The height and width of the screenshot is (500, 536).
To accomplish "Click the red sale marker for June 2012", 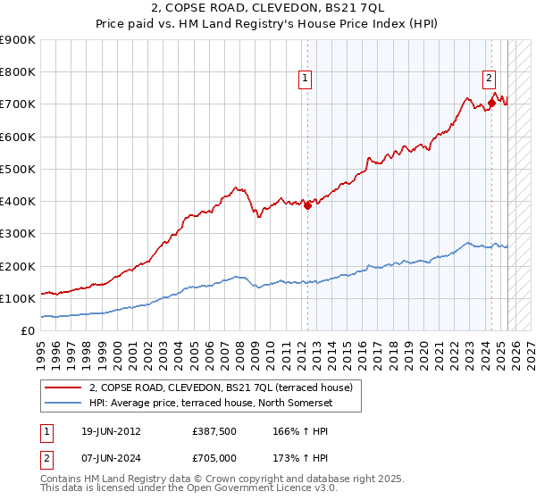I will [307, 205].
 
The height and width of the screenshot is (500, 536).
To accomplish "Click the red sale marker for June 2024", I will [491, 104].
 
